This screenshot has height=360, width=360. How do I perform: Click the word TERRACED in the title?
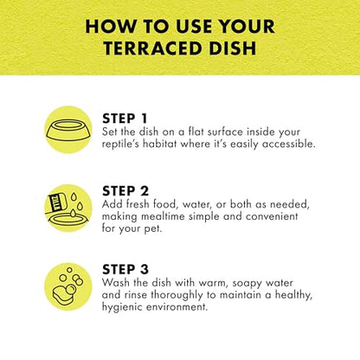pyautogui.click(x=153, y=48)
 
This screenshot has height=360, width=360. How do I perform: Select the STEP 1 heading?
pyautogui.click(x=125, y=119)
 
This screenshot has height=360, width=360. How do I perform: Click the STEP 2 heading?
pyautogui.click(x=125, y=191)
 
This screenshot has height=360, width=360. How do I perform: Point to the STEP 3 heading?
pyautogui.click(x=125, y=269)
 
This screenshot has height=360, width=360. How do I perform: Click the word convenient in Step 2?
pyautogui.click(x=272, y=216)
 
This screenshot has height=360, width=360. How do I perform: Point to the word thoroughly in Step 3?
pyautogui.click(x=177, y=295)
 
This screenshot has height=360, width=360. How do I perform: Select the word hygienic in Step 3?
pyautogui.click(x=122, y=307)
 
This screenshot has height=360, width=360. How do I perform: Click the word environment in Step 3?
pyautogui.click(x=177, y=306)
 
